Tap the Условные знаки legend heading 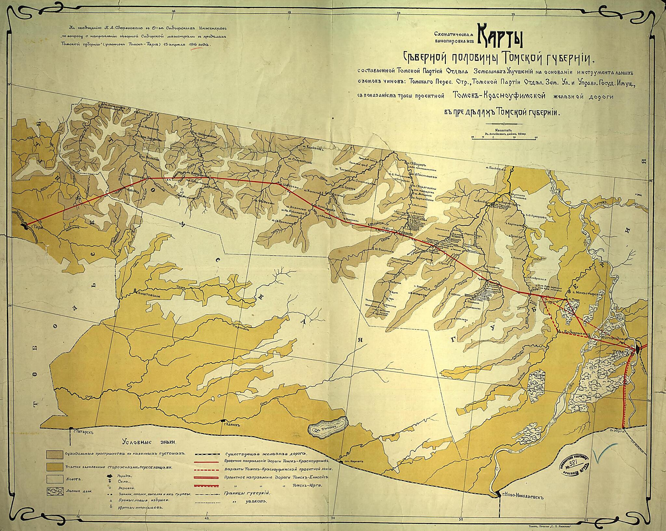point(149,442)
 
